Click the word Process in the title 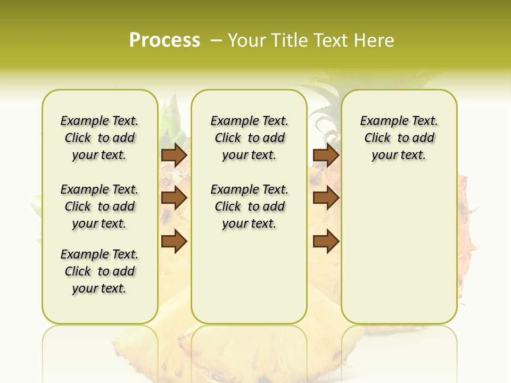pos(164,40)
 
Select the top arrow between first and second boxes pos(174,155)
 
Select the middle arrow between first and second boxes pos(174,198)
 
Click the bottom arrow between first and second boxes pos(174,242)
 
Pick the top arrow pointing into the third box pos(326,155)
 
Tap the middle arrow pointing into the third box pos(326,198)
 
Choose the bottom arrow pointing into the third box pos(326,242)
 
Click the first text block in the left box pos(100,138)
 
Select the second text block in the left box pos(100,206)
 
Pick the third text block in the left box pos(100,271)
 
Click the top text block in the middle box pos(249,138)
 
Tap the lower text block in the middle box pos(249,206)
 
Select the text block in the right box pos(399,138)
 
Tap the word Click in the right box pos(377,138)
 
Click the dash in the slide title pos(216,40)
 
